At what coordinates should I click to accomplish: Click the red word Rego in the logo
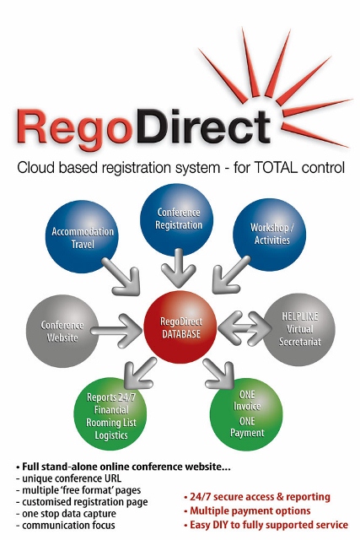[75, 130]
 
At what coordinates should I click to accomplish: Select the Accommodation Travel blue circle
[83, 237]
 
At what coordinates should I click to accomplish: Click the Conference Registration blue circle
[176, 219]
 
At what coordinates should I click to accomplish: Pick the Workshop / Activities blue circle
[270, 235]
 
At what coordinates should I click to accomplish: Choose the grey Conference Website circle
[62, 331]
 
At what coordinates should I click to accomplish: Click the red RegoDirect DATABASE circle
[180, 327]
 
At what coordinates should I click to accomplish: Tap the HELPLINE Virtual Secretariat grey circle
[299, 329]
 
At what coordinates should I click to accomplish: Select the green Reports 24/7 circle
[110, 414]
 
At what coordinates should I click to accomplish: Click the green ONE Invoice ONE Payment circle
[246, 414]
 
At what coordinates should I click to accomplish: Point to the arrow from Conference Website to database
[116, 331]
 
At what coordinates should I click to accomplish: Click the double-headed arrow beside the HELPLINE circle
[244, 328]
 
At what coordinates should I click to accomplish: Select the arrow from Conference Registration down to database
[179, 268]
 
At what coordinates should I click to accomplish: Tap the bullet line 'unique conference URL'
[68, 478]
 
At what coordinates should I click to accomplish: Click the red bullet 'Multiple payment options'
[248, 510]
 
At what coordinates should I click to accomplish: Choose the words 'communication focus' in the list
[68, 526]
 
